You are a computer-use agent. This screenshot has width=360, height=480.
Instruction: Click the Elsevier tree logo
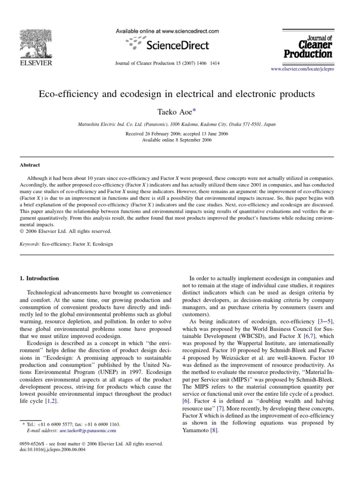point(36,42)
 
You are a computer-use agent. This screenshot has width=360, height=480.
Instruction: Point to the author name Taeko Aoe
point(179,112)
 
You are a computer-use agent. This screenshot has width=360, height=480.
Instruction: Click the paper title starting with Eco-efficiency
point(180,93)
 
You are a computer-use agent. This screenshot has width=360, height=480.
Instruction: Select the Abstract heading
point(30,165)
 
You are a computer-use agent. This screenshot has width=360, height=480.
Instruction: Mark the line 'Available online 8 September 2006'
point(180,140)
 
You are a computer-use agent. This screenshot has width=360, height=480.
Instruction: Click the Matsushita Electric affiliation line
point(180,125)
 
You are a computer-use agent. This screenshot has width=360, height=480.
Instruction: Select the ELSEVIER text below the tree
point(35,62)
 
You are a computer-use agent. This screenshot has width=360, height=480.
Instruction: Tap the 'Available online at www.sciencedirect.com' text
point(167,31)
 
